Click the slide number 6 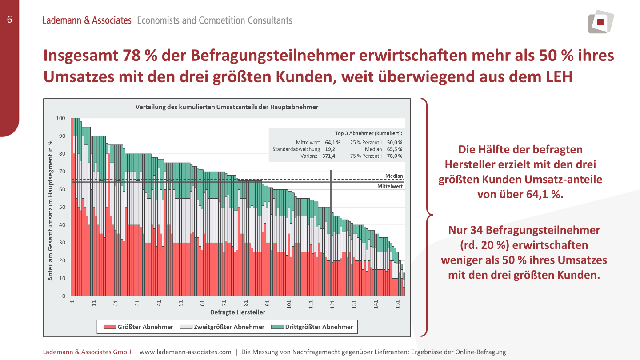(9, 19)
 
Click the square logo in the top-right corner (601, 22)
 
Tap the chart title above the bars (227, 107)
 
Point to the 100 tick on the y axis (61, 118)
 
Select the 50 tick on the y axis (62, 207)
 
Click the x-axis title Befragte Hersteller (238, 312)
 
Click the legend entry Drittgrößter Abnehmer (319, 327)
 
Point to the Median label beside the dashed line (394, 176)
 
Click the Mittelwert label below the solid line (390, 187)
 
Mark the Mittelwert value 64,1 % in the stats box (332, 143)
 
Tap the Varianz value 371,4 (329, 156)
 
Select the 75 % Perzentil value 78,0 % (394, 156)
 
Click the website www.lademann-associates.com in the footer (185, 352)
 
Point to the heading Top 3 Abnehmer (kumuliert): (368, 133)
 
